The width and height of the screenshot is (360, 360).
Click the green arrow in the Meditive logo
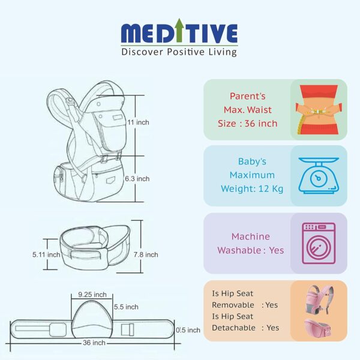tap(179, 30)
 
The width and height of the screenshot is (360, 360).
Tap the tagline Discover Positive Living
tap(179, 52)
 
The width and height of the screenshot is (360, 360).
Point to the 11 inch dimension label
tap(138, 122)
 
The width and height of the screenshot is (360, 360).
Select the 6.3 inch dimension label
tap(137, 179)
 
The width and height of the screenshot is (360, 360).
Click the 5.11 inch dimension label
tap(46, 254)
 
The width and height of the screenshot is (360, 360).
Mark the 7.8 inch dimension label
tap(146, 254)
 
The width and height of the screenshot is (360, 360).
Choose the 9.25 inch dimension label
tap(92, 295)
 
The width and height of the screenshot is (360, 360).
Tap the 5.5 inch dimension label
tap(126, 307)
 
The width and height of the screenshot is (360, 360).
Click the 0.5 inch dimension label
tap(188, 330)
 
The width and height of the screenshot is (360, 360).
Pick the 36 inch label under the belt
tap(94, 343)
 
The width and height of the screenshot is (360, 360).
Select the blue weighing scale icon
tap(319, 175)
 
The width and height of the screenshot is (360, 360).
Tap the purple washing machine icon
tap(319, 243)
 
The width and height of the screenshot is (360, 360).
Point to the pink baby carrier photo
tap(320, 299)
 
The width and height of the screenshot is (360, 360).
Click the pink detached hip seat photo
tap(318, 327)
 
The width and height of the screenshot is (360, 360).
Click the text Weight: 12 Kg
tap(252, 189)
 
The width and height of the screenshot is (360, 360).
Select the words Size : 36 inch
tap(247, 124)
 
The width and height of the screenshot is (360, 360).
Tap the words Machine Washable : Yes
tap(250, 244)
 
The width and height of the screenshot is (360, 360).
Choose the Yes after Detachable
tap(273, 328)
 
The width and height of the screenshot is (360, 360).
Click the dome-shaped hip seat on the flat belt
tap(92, 319)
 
